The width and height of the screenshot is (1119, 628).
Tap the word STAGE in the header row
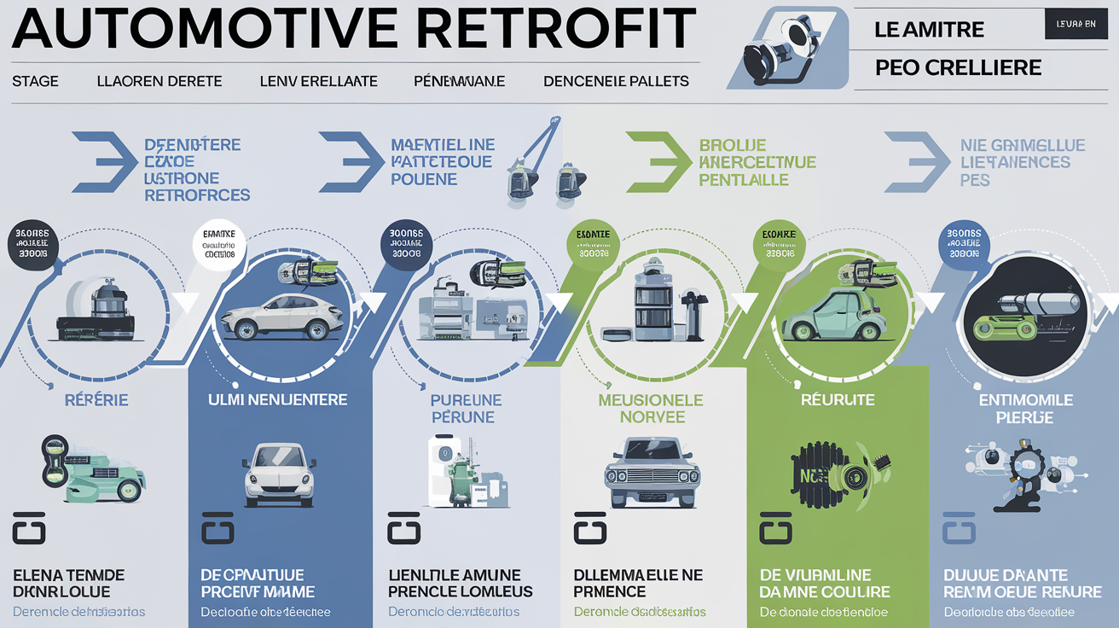[x=35, y=81]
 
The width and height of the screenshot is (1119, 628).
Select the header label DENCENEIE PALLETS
[x=616, y=81]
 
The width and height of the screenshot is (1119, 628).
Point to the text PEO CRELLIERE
[x=959, y=67]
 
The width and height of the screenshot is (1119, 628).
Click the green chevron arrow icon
[x=656, y=161]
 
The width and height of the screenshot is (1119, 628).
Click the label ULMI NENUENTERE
[x=277, y=399]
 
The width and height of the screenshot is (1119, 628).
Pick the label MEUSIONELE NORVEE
[x=651, y=408]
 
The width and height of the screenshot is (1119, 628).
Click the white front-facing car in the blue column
[x=279, y=474]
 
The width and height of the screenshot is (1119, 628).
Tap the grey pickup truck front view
[x=652, y=473]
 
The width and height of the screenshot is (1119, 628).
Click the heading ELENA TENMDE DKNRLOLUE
[x=68, y=583]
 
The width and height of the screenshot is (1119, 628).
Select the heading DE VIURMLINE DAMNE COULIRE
[x=824, y=583]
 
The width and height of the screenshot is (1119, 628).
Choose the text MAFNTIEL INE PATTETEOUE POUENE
[x=443, y=161]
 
